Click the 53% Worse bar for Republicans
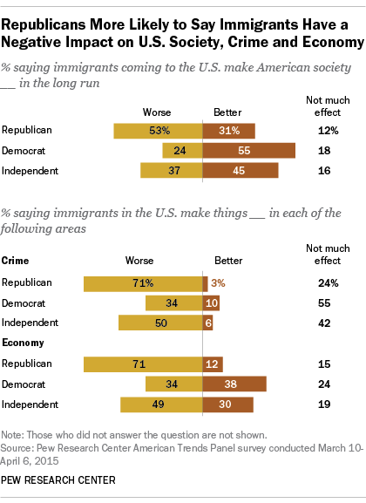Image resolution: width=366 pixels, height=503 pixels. click(x=158, y=131)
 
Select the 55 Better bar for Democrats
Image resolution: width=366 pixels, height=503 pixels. click(x=248, y=150)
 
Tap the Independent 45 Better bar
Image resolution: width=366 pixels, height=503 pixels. click(x=241, y=170)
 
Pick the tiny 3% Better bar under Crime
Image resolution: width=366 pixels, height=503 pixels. click(x=206, y=283)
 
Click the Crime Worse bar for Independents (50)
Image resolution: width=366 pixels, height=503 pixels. click(x=160, y=323)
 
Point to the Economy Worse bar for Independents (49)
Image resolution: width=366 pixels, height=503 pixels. click(x=161, y=404)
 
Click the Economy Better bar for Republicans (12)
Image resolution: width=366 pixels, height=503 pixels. click(x=213, y=364)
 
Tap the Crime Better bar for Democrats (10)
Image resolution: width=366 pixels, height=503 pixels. click(x=211, y=303)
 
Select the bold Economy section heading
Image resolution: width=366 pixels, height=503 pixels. click(x=24, y=343)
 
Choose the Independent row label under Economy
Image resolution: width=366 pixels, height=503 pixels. click(x=30, y=404)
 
